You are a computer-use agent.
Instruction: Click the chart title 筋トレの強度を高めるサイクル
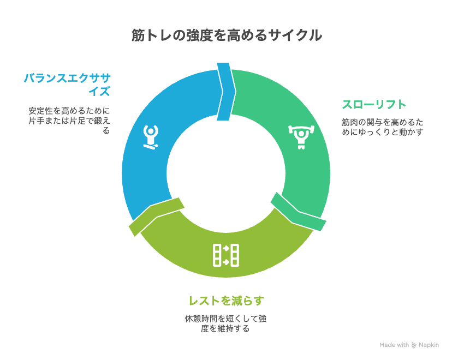point(227,35)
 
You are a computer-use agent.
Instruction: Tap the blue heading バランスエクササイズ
point(67,85)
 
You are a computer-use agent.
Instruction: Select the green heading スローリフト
point(374,104)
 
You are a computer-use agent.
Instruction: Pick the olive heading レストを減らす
point(227,301)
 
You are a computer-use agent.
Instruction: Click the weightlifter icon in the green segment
point(301,137)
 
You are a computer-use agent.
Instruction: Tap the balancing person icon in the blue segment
point(151,137)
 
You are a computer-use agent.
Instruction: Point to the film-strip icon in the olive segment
point(226,255)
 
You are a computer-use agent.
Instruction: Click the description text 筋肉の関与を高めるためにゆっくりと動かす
point(383,127)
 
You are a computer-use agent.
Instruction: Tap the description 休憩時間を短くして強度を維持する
point(225,323)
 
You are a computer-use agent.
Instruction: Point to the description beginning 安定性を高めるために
point(69,121)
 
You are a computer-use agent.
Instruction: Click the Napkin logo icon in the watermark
point(414,345)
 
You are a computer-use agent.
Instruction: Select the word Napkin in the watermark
point(429,345)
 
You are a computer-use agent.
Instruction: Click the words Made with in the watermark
point(394,345)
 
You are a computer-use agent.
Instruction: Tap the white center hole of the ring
point(226,173)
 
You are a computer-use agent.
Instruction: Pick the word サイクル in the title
point(295,35)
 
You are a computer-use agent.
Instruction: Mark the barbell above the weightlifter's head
point(301,128)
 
